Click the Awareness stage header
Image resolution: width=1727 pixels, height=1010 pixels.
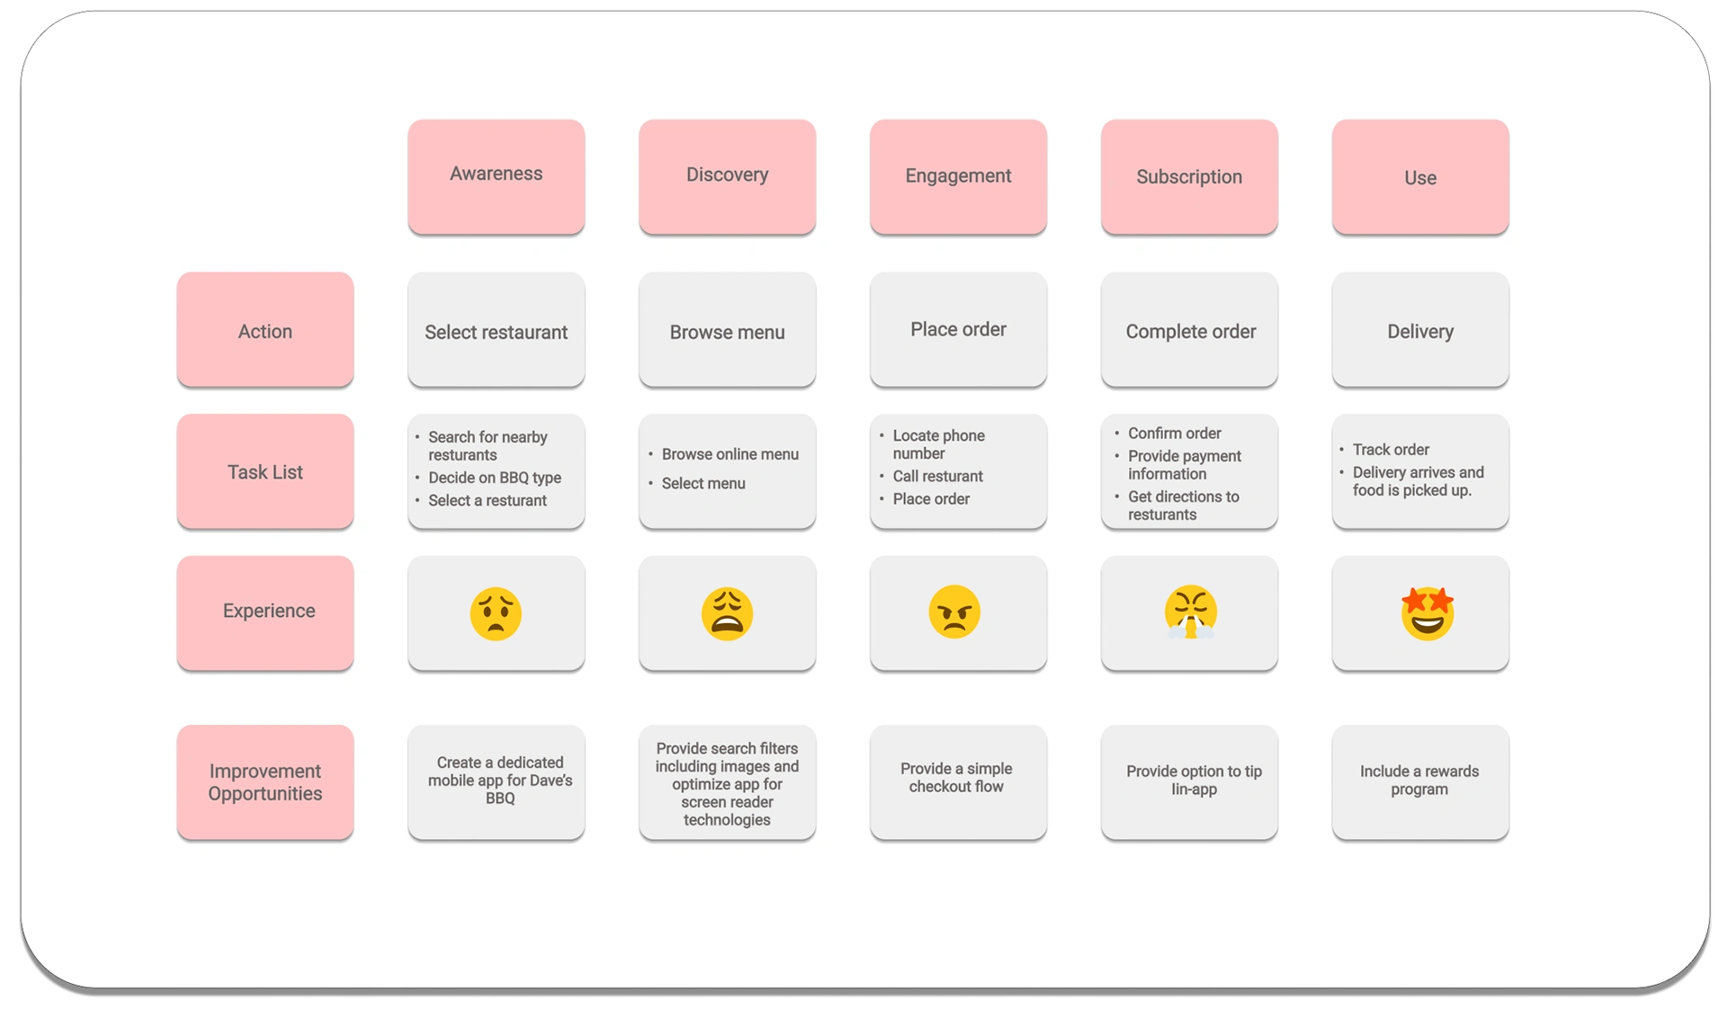[496, 176]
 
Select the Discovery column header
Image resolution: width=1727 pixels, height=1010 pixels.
[727, 176]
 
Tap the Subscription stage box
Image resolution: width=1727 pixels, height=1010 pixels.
[1189, 176]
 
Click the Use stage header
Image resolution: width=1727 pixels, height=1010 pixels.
[1420, 176]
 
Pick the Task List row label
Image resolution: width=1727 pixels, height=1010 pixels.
[265, 471]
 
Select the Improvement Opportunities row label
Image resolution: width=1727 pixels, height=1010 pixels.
[265, 782]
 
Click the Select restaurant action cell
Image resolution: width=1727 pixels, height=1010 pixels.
[496, 330]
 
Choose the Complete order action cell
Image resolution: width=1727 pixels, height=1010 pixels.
[1189, 330]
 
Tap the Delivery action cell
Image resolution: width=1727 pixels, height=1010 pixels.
[1420, 330]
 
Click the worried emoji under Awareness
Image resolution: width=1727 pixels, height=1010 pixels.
[496, 613]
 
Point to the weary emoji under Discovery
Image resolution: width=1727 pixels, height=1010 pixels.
[727, 613]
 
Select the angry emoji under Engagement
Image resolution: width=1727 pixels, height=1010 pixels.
[954, 612]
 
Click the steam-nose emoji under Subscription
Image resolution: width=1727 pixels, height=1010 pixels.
[1190, 612]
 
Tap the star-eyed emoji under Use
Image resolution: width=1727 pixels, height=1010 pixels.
[1427, 613]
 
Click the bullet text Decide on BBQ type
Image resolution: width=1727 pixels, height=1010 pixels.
[495, 478]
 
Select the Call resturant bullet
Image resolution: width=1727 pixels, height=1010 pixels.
[937, 476]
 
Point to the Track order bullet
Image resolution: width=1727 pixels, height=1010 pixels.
[1391, 449]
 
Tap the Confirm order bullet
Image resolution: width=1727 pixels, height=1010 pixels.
[1174, 433]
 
